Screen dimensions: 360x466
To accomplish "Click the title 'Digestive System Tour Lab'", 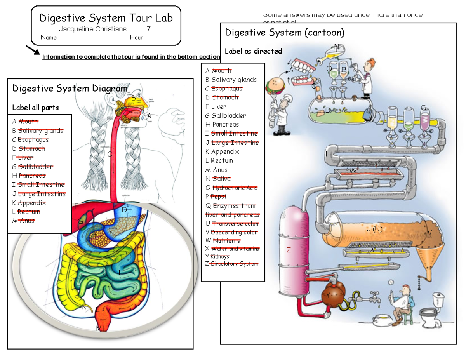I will tap(106, 18).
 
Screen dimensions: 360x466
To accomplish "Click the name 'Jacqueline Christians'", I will tap(92, 29).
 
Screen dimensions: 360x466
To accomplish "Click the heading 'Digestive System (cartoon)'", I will tap(285, 32).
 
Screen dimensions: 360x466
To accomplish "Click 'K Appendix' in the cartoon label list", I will tap(222, 151).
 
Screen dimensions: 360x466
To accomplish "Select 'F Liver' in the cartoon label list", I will tap(216, 106).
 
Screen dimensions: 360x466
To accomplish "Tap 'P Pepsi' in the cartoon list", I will tap(218, 197).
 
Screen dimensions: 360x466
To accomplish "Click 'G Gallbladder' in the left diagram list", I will tap(32, 167).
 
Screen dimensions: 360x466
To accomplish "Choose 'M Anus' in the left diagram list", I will tap(23, 221).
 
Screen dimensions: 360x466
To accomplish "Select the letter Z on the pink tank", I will tap(289, 250).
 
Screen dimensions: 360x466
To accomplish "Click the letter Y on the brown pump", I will tap(328, 295).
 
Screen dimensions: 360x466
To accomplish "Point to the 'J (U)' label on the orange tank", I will tap(375, 229).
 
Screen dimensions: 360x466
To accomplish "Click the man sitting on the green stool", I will tap(404, 301).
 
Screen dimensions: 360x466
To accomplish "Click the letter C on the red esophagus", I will tap(110, 154).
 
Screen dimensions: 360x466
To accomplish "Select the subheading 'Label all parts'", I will tap(35, 108).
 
